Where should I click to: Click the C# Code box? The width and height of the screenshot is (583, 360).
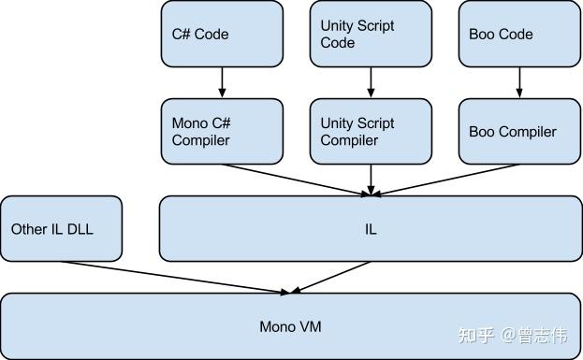pos(222,34)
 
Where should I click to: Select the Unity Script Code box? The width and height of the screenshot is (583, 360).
pos(371,34)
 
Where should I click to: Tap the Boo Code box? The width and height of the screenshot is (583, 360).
pos(519,34)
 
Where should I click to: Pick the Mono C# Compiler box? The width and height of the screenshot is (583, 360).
pos(222,132)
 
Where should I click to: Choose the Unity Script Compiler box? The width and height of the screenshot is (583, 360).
pos(371,132)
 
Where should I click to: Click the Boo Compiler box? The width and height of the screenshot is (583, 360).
pos(519,132)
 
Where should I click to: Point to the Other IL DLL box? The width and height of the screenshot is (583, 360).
pos(61,228)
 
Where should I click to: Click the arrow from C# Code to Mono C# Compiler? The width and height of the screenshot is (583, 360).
pos(222,82)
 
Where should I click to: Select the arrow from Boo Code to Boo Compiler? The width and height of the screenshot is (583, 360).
pos(519,82)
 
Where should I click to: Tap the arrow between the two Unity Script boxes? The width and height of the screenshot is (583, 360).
pos(371,82)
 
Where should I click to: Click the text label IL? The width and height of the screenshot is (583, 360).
pos(371,229)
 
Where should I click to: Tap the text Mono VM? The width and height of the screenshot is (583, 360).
pos(289,326)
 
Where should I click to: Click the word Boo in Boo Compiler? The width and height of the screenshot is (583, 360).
pos(482,132)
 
